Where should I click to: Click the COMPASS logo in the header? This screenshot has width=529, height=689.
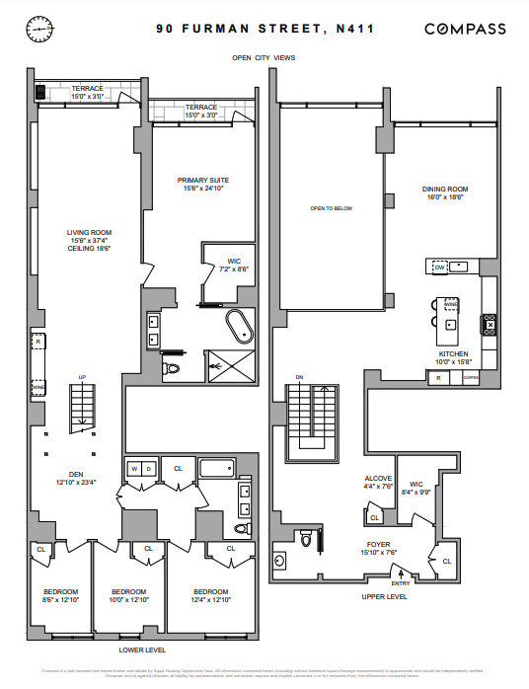466,30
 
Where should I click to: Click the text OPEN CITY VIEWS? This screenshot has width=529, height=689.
264,58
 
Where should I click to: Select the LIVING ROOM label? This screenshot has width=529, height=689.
89,233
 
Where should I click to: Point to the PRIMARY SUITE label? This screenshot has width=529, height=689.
203,181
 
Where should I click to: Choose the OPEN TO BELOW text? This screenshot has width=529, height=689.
331,208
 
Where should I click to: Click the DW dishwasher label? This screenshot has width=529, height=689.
440,268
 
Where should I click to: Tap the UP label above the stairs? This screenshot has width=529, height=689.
83,376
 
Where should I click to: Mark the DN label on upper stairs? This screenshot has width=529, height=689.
300,376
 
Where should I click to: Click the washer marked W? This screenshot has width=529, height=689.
133,468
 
